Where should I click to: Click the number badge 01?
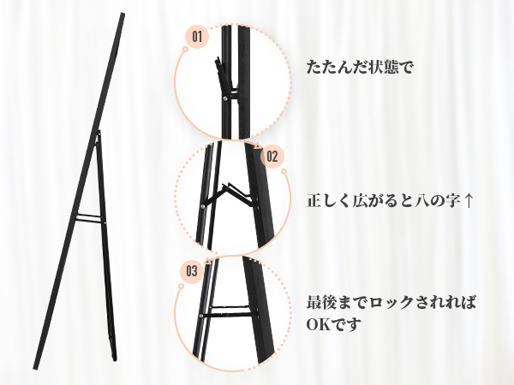click(x=196, y=37)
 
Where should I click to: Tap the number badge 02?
click(x=271, y=157)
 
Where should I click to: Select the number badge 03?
click(x=192, y=272)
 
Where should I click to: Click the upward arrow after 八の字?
click(x=468, y=202)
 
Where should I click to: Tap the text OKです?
click(x=334, y=325)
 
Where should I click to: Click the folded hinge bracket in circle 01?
click(x=224, y=77)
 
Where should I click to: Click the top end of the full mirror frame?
click(x=121, y=16)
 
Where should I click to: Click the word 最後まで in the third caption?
click(x=337, y=304)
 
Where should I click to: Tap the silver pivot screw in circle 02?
click(x=204, y=204)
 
